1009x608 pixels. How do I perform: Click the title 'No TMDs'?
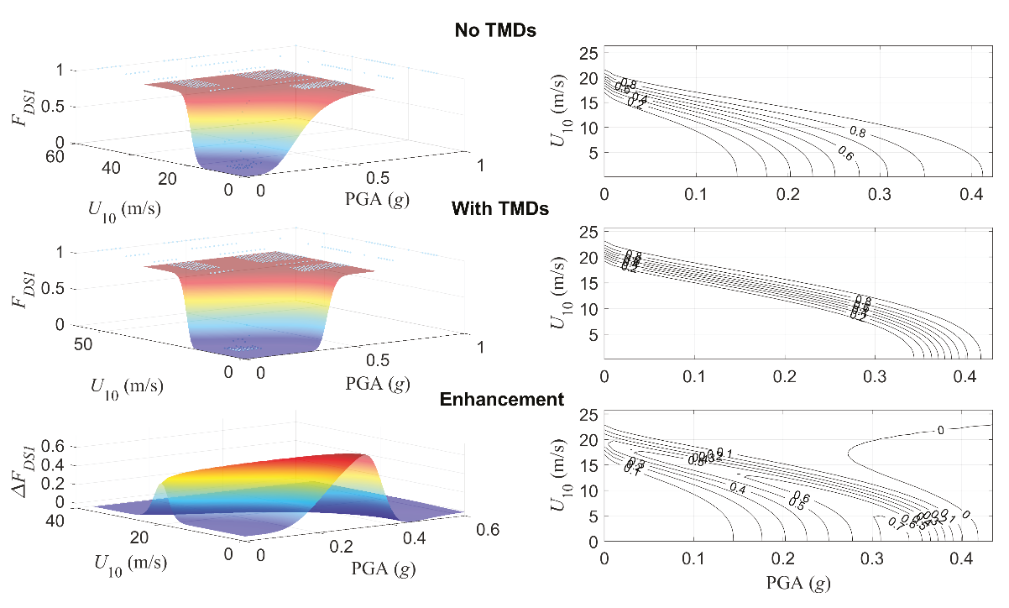(x=495, y=31)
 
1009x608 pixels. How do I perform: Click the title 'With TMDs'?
(x=500, y=208)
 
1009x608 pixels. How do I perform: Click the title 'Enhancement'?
(x=502, y=400)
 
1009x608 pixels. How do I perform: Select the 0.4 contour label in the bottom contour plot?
(x=738, y=488)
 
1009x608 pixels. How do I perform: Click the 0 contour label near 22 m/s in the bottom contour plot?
(x=940, y=430)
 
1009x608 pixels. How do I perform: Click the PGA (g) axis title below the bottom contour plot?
(x=797, y=580)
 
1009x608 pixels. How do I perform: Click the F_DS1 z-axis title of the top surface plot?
(x=19, y=109)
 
